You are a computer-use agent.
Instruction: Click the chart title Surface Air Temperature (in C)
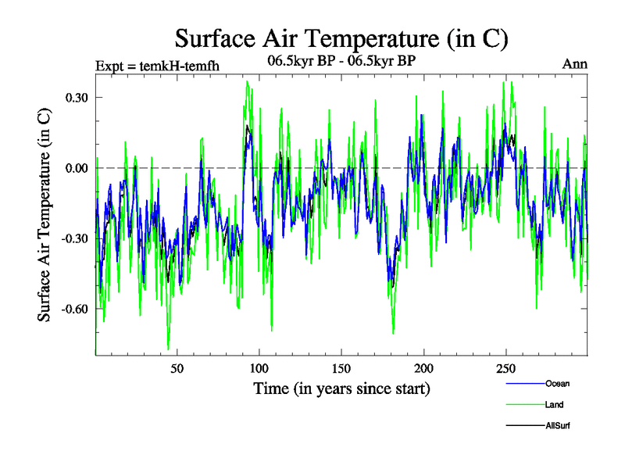click(x=342, y=38)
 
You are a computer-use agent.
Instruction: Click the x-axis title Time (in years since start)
click(x=341, y=388)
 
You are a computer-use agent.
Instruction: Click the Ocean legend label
click(x=558, y=383)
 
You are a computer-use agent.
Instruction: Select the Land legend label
click(x=555, y=404)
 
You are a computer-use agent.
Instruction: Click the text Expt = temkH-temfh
click(x=156, y=65)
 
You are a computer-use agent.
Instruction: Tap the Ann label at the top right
click(x=575, y=64)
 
